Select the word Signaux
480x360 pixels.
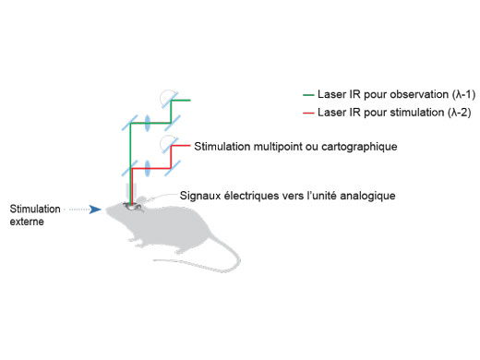pos(202,196)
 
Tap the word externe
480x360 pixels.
pos(28,222)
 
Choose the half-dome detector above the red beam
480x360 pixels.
pos(167,145)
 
